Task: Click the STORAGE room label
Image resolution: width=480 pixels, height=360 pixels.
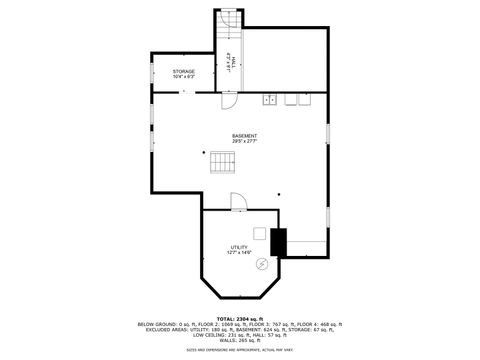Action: pyautogui.click(x=183, y=71)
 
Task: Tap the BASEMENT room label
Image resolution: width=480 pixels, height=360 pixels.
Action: pyautogui.click(x=244, y=136)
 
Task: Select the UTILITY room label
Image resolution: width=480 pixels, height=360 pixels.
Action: pyautogui.click(x=238, y=247)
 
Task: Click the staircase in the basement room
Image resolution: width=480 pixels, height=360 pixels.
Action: pyautogui.click(x=222, y=163)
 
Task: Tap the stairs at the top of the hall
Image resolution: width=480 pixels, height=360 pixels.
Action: pyautogui.click(x=230, y=21)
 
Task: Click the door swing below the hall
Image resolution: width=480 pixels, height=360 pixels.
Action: pyautogui.click(x=228, y=101)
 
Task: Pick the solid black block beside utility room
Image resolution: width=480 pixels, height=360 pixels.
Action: pyautogui.click(x=278, y=242)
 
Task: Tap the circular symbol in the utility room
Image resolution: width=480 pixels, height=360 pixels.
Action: pyautogui.click(x=262, y=263)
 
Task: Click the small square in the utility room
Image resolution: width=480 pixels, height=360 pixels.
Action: pyautogui.click(x=259, y=233)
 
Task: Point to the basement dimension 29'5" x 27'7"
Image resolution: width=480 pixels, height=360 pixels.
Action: pyautogui.click(x=244, y=143)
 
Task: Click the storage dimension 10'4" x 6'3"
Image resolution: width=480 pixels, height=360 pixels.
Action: pyautogui.click(x=183, y=77)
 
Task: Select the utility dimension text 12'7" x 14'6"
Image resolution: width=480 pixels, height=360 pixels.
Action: pyautogui.click(x=238, y=253)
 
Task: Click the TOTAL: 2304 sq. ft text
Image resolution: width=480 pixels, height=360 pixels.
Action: pyautogui.click(x=239, y=318)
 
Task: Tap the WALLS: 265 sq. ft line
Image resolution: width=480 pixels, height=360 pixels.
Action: pyautogui.click(x=239, y=339)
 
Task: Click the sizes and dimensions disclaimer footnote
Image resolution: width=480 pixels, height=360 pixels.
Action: pyautogui.click(x=239, y=349)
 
